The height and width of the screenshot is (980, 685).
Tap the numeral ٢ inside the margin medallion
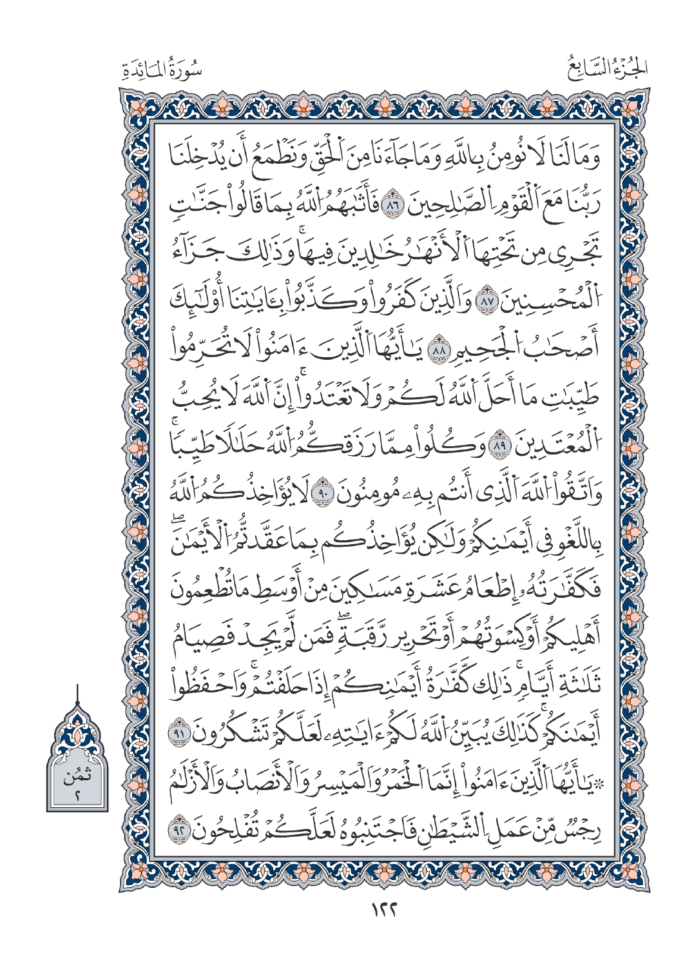pos(76,797)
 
